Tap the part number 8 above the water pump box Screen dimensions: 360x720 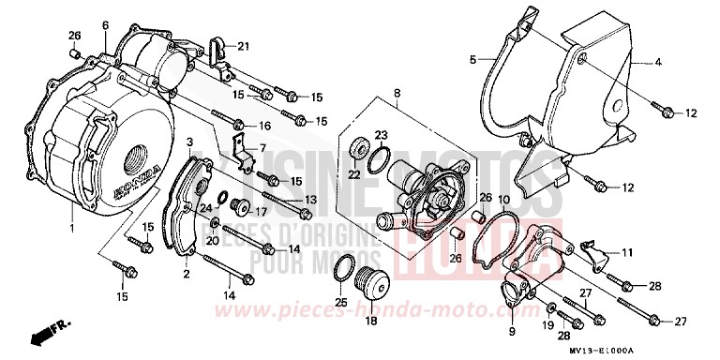pos(397,94)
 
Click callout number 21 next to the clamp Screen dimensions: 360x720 pos(243,47)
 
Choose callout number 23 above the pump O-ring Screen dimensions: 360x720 pos(381,135)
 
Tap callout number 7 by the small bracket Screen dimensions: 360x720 pos(263,148)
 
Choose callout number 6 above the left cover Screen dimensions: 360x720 pos(105,25)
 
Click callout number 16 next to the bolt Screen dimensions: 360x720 pos(265,126)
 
